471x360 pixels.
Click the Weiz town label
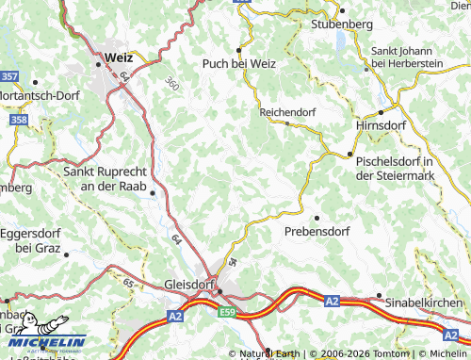click(119, 57)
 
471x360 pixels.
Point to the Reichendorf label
click(286, 112)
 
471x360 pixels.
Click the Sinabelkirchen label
click(424, 303)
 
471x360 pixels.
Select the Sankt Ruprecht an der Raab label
click(106, 179)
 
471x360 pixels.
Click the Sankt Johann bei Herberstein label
click(407, 57)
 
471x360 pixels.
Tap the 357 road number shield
click(9, 74)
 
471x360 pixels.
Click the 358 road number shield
click(19, 120)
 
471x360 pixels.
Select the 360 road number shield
click(171, 84)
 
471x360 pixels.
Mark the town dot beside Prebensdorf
click(317, 217)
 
